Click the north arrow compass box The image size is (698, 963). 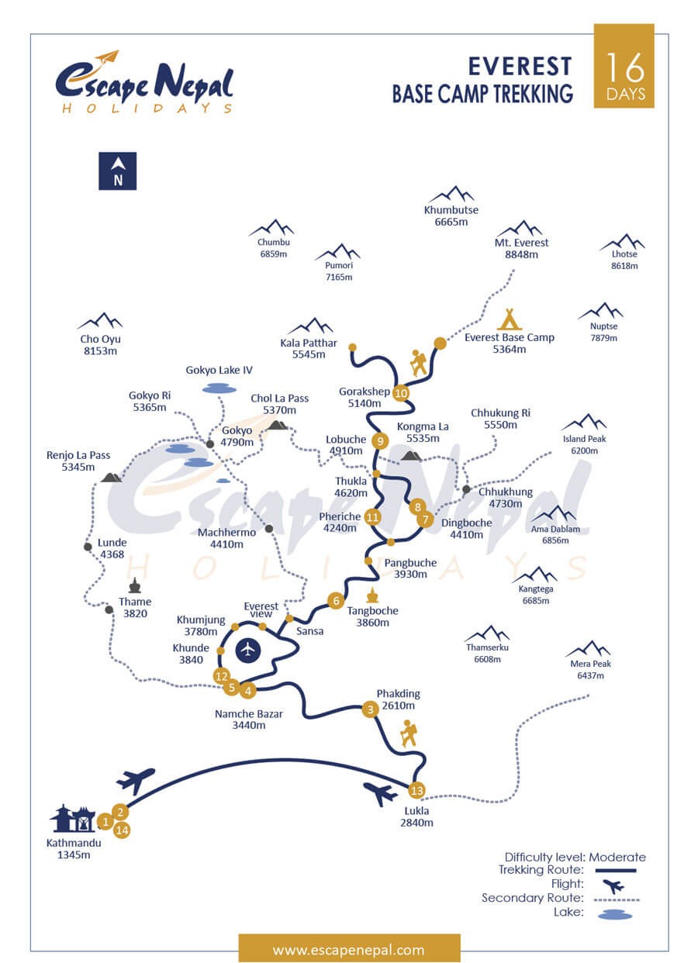pyautogui.click(x=117, y=171)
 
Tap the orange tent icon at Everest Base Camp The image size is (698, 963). pyautogui.click(x=510, y=319)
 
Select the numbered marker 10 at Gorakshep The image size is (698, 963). pyautogui.click(x=401, y=393)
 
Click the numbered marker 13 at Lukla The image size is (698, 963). pyautogui.click(x=416, y=790)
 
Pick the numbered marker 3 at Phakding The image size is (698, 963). pyautogui.click(x=370, y=709)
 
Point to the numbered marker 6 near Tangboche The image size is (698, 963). pyautogui.click(x=336, y=601)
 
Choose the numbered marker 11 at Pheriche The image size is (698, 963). pyautogui.click(x=372, y=517)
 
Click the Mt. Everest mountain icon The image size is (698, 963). pyautogui.click(x=522, y=228)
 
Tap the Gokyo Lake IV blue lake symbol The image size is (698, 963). pyautogui.click(x=219, y=389)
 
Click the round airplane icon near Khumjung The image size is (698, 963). pyautogui.click(x=248, y=651)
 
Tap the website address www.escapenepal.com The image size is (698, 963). pyautogui.click(x=348, y=949)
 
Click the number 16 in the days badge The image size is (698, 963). pyautogui.click(x=625, y=68)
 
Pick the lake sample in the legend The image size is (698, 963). pyautogui.click(x=615, y=916)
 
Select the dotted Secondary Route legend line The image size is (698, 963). pyautogui.click(x=617, y=899)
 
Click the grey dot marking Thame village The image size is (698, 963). pyautogui.click(x=109, y=609)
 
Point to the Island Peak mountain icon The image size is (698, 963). pyautogui.click(x=585, y=421)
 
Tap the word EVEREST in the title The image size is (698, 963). pyautogui.click(x=520, y=67)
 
